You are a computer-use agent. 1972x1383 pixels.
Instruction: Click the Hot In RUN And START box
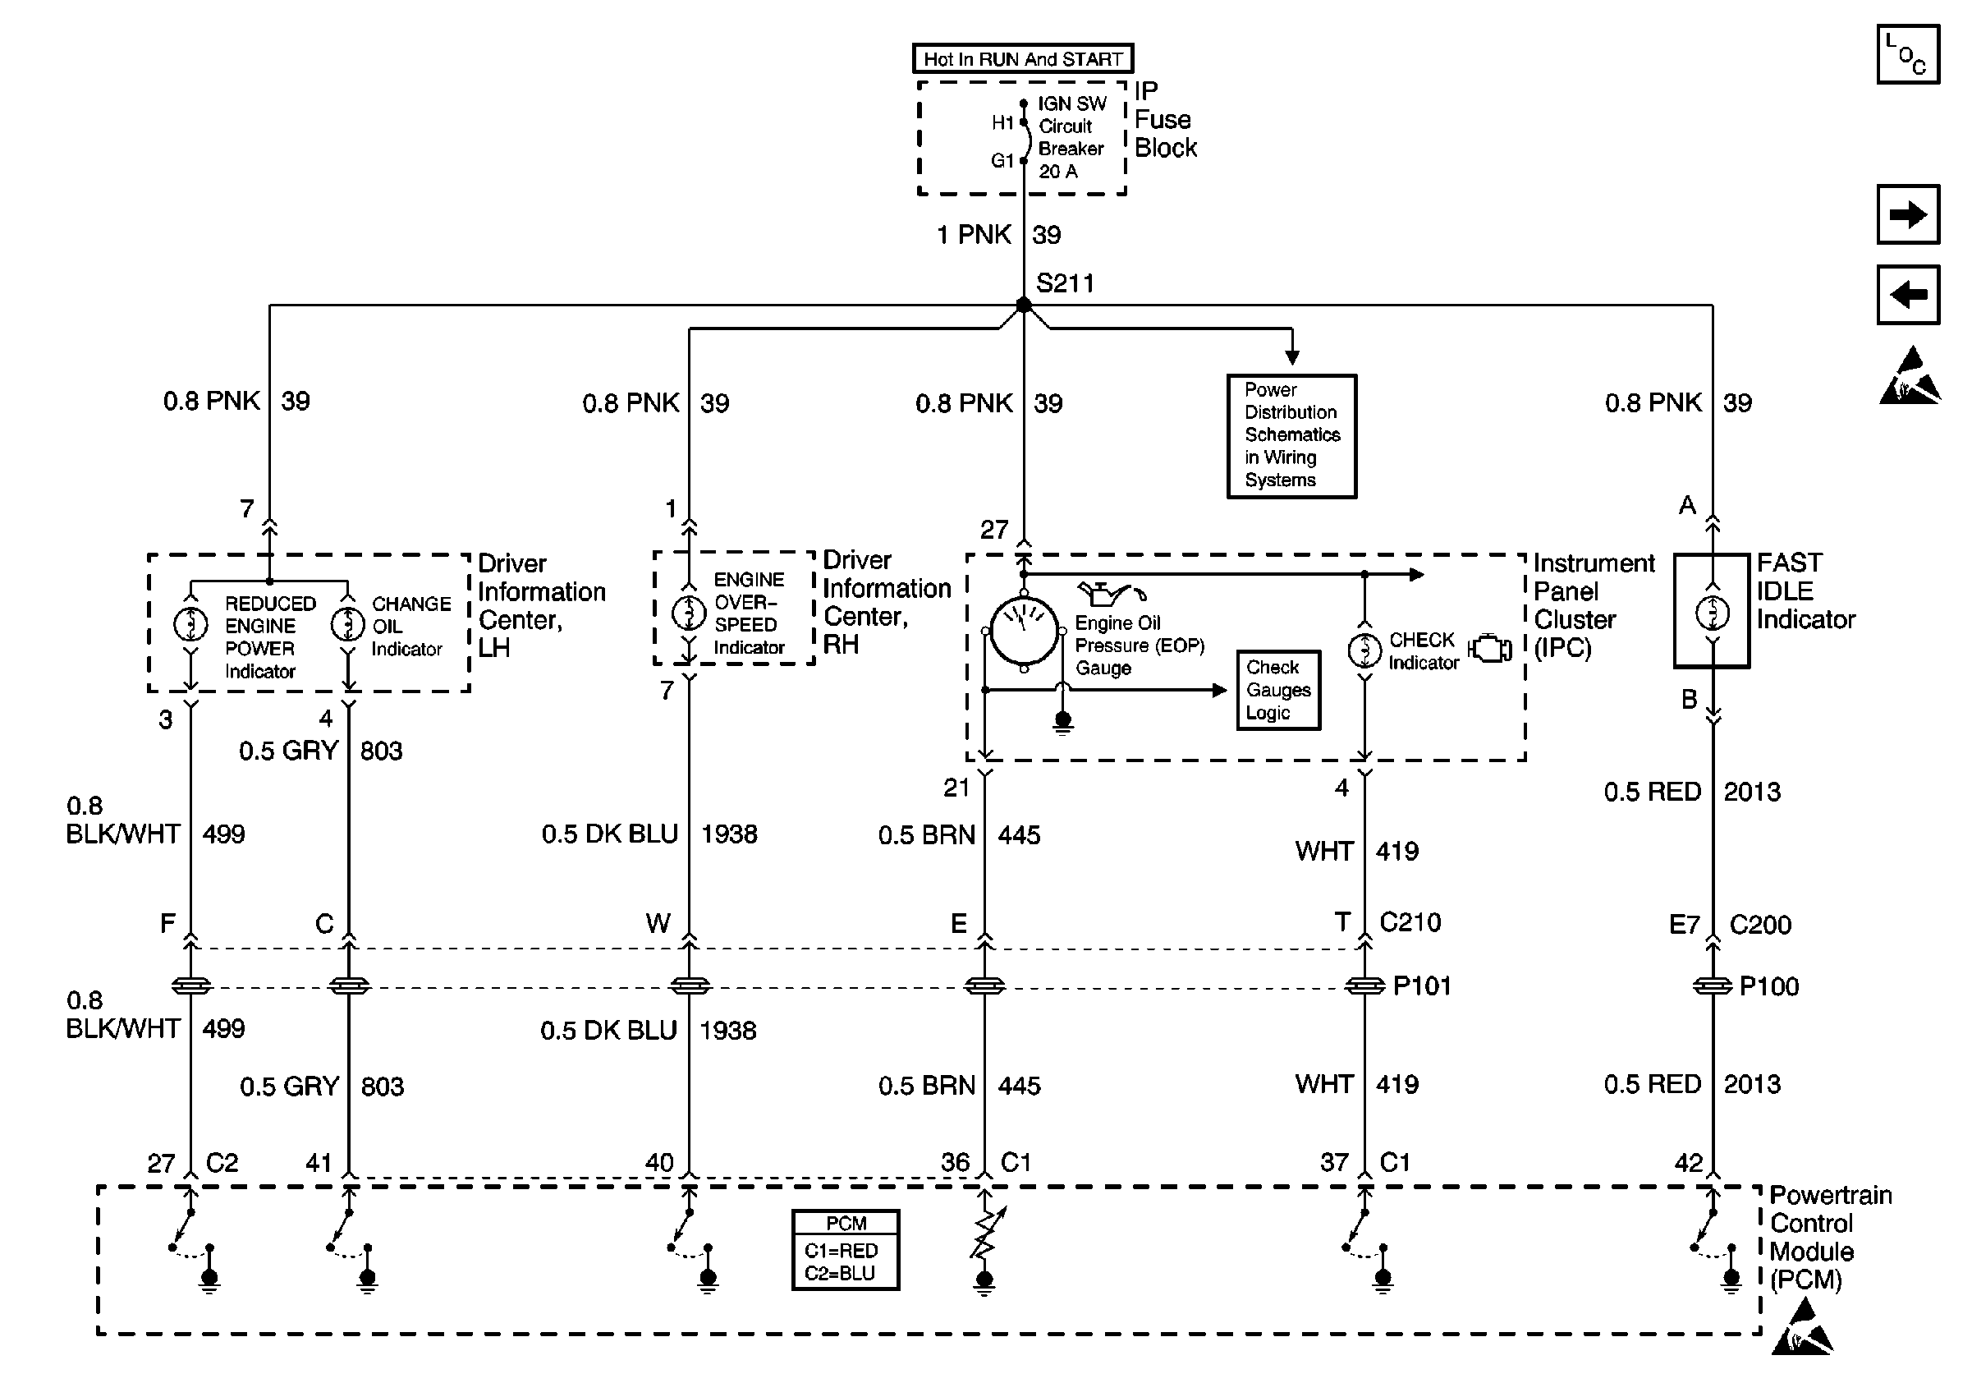tap(1022, 58)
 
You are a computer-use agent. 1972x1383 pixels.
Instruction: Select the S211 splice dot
tap(1023, 305)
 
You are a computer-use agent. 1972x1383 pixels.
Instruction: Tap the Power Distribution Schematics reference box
tap(1291, 435)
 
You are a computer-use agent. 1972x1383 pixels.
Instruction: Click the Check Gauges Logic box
tap(1278, 690)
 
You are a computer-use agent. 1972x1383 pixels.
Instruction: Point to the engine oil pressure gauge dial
tap(1023, 632)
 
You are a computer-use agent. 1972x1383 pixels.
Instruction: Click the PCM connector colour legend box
tap(845, 1250)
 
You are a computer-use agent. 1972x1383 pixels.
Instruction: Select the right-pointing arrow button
tap(1908, 214)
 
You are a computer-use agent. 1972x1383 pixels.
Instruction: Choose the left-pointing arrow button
tap(1908, 295)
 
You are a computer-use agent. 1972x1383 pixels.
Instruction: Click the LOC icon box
tap(1908, 54)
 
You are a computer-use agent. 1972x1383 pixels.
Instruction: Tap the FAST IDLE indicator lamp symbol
tap(1712, 613)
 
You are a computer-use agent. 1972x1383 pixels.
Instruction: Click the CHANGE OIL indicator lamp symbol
tap(348, 623)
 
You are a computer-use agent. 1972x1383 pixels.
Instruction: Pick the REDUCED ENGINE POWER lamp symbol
tap(190, 623)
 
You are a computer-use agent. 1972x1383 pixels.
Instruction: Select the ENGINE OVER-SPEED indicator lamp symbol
tap(688, 613)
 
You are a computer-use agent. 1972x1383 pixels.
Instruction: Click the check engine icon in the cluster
tap(1490, 649)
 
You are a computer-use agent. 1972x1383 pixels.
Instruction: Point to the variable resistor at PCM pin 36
tap(986, 1234)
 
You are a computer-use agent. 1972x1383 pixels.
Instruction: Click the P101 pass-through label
tap(1421, 986)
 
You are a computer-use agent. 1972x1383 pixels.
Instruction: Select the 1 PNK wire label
tap(974, 235)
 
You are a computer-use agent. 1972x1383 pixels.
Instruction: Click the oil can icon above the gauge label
tap(1112, 593)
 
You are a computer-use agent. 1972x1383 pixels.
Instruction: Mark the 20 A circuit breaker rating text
tap(1057, 171)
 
